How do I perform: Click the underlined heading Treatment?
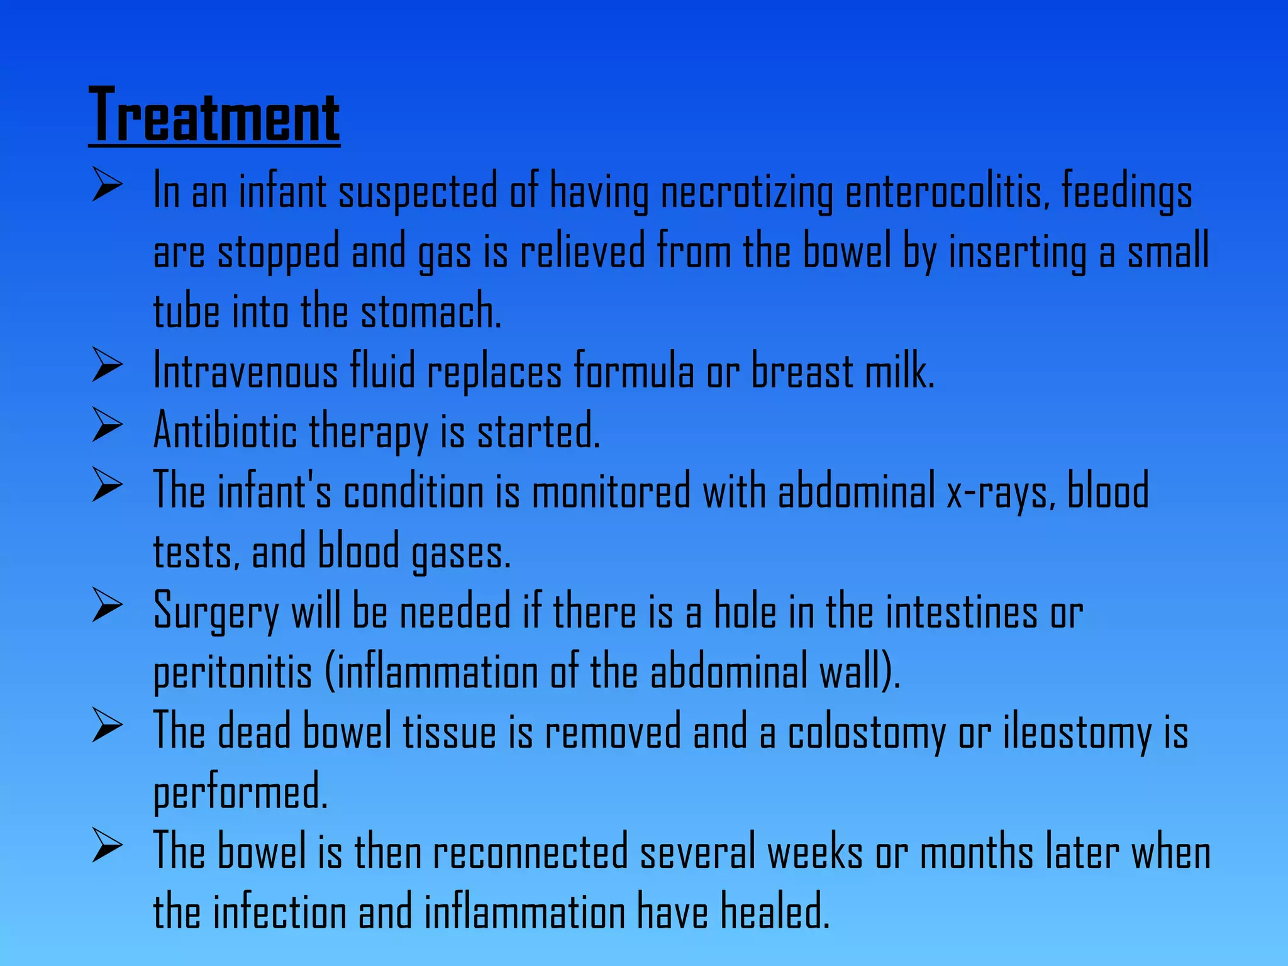214,116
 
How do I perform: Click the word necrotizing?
747,192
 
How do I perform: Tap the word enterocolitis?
947,192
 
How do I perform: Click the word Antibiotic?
225,431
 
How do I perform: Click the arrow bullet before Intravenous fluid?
106,364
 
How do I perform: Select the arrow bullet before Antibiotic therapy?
106,425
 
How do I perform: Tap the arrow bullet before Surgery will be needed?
106,604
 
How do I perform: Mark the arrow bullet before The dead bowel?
106,725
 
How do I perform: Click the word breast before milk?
802,371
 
